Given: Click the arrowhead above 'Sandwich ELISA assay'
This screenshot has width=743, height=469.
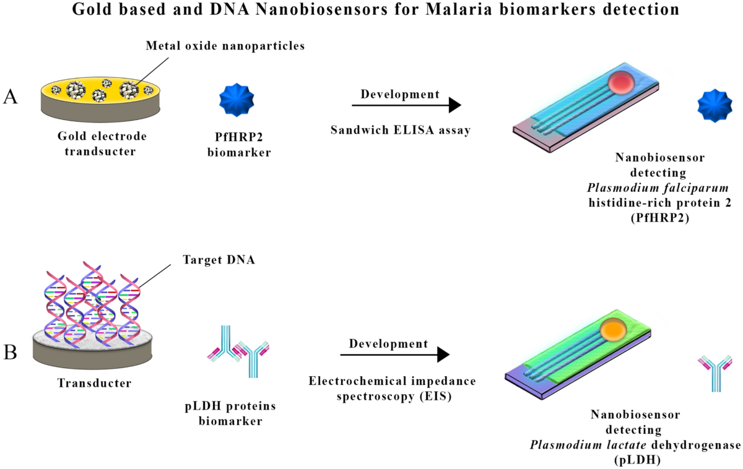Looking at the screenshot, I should click(454, 106).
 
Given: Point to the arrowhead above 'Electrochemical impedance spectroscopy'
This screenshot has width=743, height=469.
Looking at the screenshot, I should click(442, 355).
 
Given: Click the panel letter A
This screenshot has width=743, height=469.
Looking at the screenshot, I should click(11, 97).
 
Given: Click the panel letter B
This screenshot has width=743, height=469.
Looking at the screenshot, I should click(11, 353).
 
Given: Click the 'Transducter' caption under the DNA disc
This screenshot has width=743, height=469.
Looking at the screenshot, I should click(94, 383).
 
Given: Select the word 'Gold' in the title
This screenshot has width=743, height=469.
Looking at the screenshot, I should click(90, 11).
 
